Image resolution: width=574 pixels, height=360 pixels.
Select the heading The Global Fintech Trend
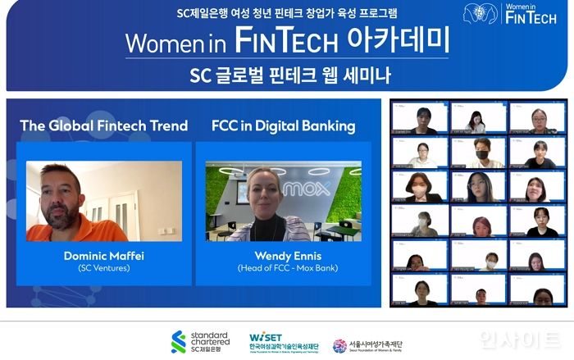104,125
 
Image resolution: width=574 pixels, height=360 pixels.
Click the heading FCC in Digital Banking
283,125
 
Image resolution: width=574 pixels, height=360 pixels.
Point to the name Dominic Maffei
103,256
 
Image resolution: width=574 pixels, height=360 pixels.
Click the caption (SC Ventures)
103,268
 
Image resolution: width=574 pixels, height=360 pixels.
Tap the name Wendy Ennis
283,256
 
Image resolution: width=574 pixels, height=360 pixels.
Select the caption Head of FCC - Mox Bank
283,268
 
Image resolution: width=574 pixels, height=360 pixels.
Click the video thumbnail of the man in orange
103,201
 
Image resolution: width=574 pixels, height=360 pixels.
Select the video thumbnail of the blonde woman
283,201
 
